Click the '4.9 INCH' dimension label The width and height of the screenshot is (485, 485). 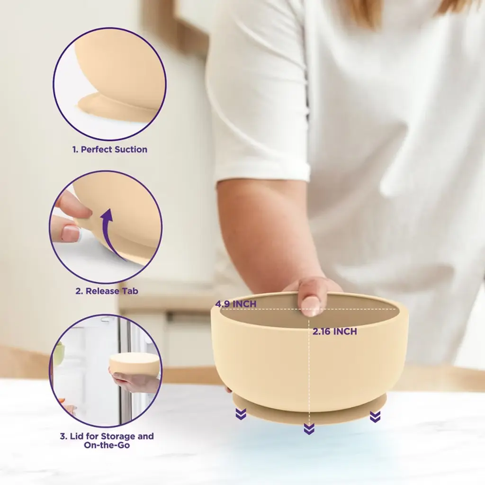(x=236, y=304)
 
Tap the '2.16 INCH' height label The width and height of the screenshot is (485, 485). (x=335, y=331)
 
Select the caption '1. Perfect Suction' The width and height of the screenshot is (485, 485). (x=110, y=149)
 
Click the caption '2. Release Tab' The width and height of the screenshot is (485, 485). (x=107, y=291)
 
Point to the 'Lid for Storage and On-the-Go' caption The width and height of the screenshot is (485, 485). (x=107, y=441)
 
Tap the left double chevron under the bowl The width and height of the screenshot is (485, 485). (x=241, y=413)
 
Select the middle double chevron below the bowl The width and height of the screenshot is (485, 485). (x=309, y=429)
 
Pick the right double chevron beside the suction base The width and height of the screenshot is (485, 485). (x=375, y=417)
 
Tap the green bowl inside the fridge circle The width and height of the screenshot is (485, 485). (x=58, y=352)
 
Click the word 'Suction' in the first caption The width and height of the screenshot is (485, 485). (x=131, y=149)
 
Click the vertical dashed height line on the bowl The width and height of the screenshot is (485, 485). (x=309, y=371)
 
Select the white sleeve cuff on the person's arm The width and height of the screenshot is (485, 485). (x=263, y=170)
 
